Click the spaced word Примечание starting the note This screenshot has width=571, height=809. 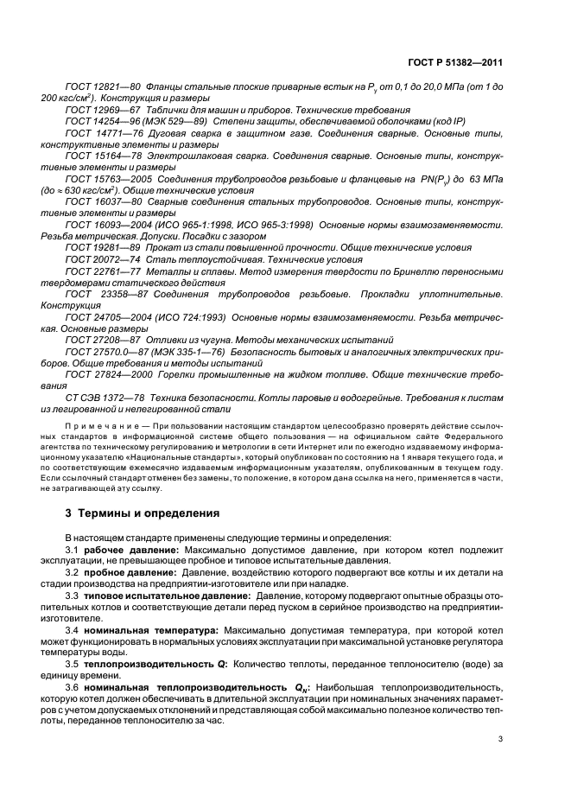pyautogui.click(x=103, y=424)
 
